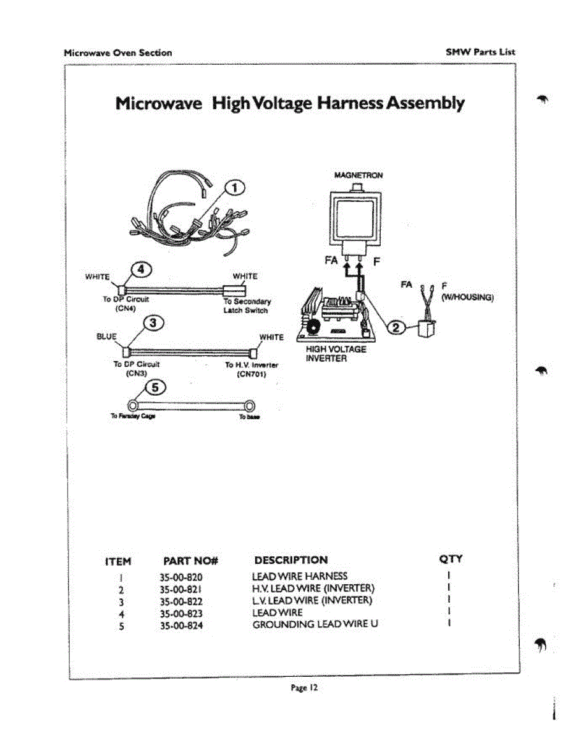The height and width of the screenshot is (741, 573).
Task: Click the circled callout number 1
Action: tap(236, 188)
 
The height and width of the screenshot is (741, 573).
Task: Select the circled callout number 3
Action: tap(153, 322)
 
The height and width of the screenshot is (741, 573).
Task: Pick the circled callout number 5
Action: tap(152, 388)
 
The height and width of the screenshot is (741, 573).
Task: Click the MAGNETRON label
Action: tap(358, 175)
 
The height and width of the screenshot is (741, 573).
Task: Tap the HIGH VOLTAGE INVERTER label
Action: tap(327, 354)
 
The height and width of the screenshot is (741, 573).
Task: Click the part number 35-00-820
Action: tap(181, 577)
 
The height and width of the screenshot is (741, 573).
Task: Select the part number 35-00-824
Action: tap(181, 626)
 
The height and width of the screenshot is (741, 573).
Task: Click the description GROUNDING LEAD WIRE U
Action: tap(315, 624)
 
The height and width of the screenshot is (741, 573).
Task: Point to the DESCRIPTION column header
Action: tap(291, 560)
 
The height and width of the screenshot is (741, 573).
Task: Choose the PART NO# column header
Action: tap(191, 561)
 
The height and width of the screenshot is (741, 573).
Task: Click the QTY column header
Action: tap(451, 559)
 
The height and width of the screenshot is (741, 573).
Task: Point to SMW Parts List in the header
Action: tap(480, 52)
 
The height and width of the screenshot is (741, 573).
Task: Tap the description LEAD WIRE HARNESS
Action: tap(300, 576)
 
